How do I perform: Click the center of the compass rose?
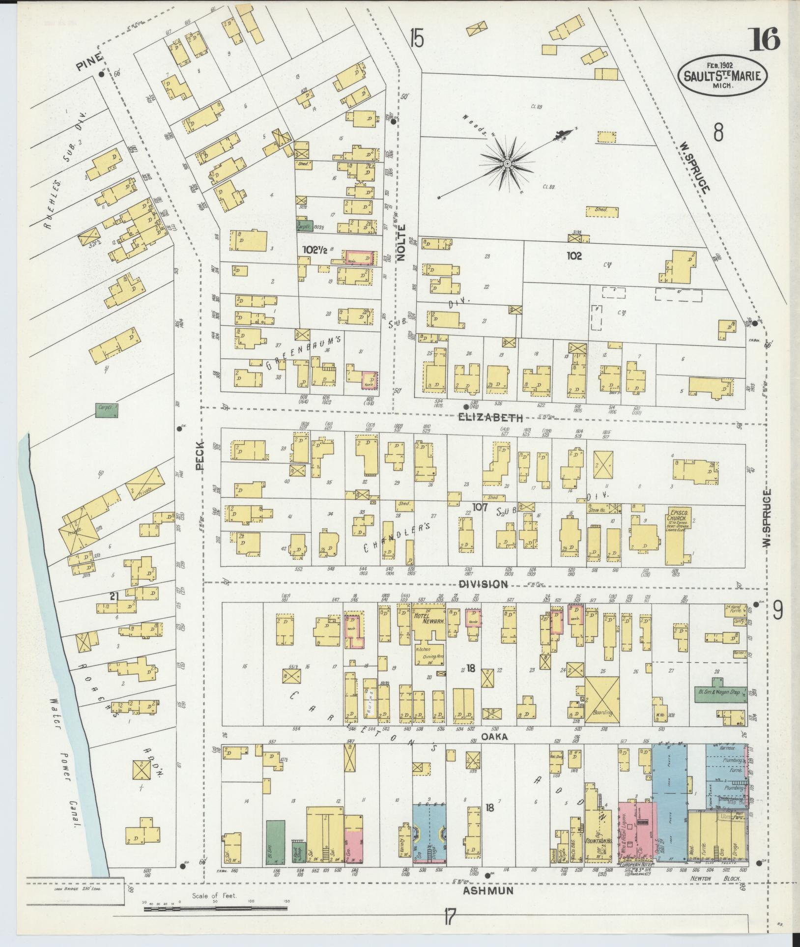(x=507, y=164)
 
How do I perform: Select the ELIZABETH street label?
(x=490, y=418)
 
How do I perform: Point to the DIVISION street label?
(x=483, y=584)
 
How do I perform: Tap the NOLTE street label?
(x=401, y=242)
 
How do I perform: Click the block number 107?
(x=479, y=507)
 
